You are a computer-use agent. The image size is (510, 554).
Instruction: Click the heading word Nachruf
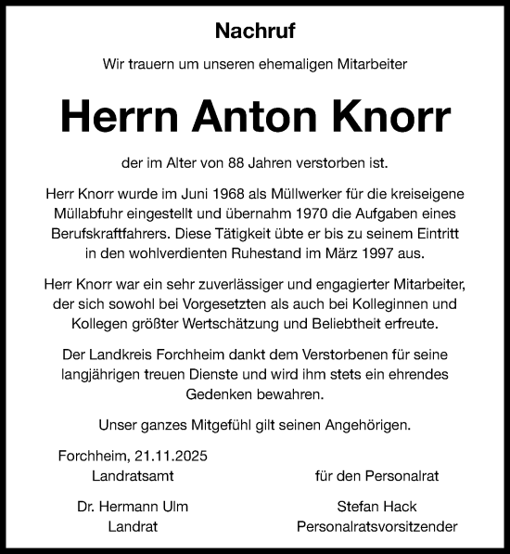[x=254, y=31]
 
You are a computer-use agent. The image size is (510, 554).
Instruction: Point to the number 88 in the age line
[x=244, y=163]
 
